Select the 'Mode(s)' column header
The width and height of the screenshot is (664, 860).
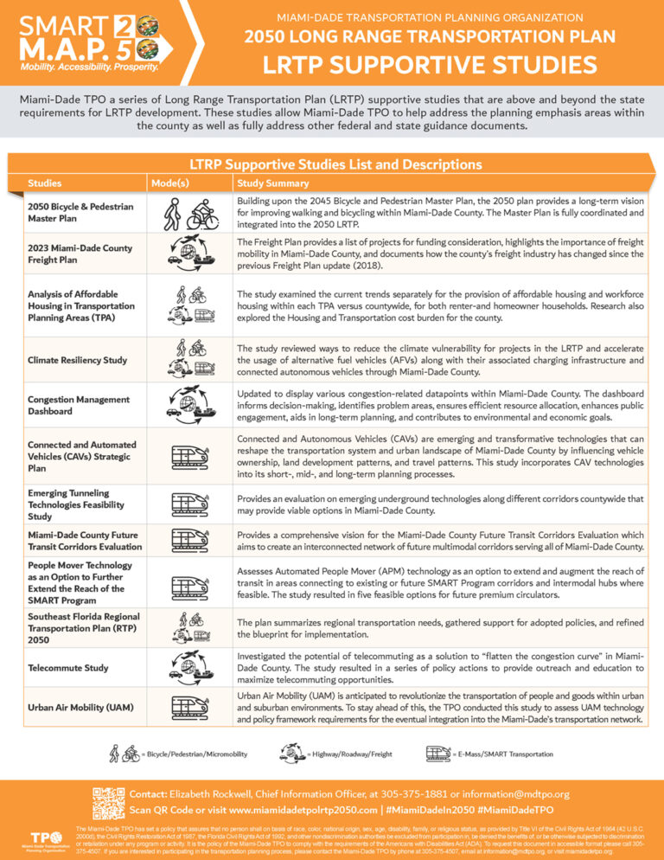click(x=169, y=183)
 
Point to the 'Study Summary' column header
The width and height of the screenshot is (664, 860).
click(x=272, y=183)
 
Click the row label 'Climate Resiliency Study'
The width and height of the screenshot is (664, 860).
click(x=77, y=360)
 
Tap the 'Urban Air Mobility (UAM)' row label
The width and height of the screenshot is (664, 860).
click(x=80, y=707)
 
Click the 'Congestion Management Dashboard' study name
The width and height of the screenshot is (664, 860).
click(x=78, y=405)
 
